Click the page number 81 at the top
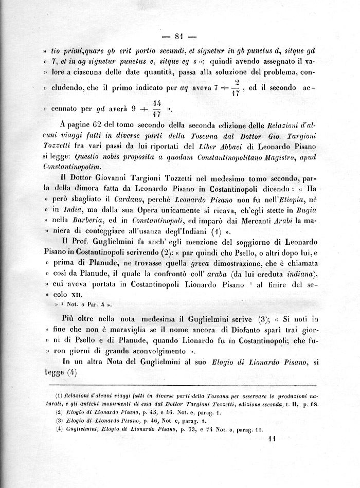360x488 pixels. [179, 37]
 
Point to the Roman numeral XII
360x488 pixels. [76, 295]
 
